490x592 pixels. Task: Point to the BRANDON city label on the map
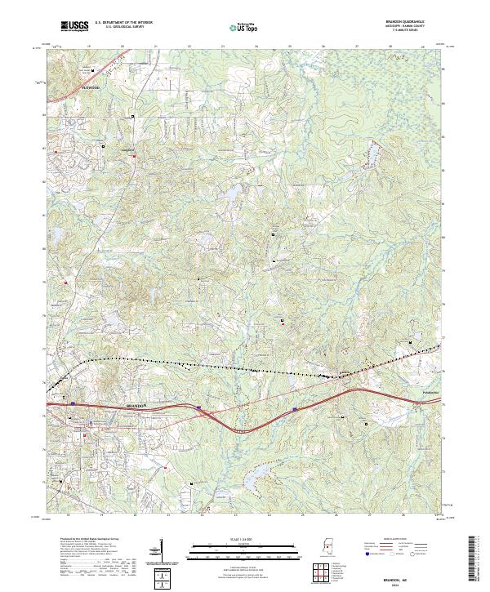(x=137, y=405)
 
